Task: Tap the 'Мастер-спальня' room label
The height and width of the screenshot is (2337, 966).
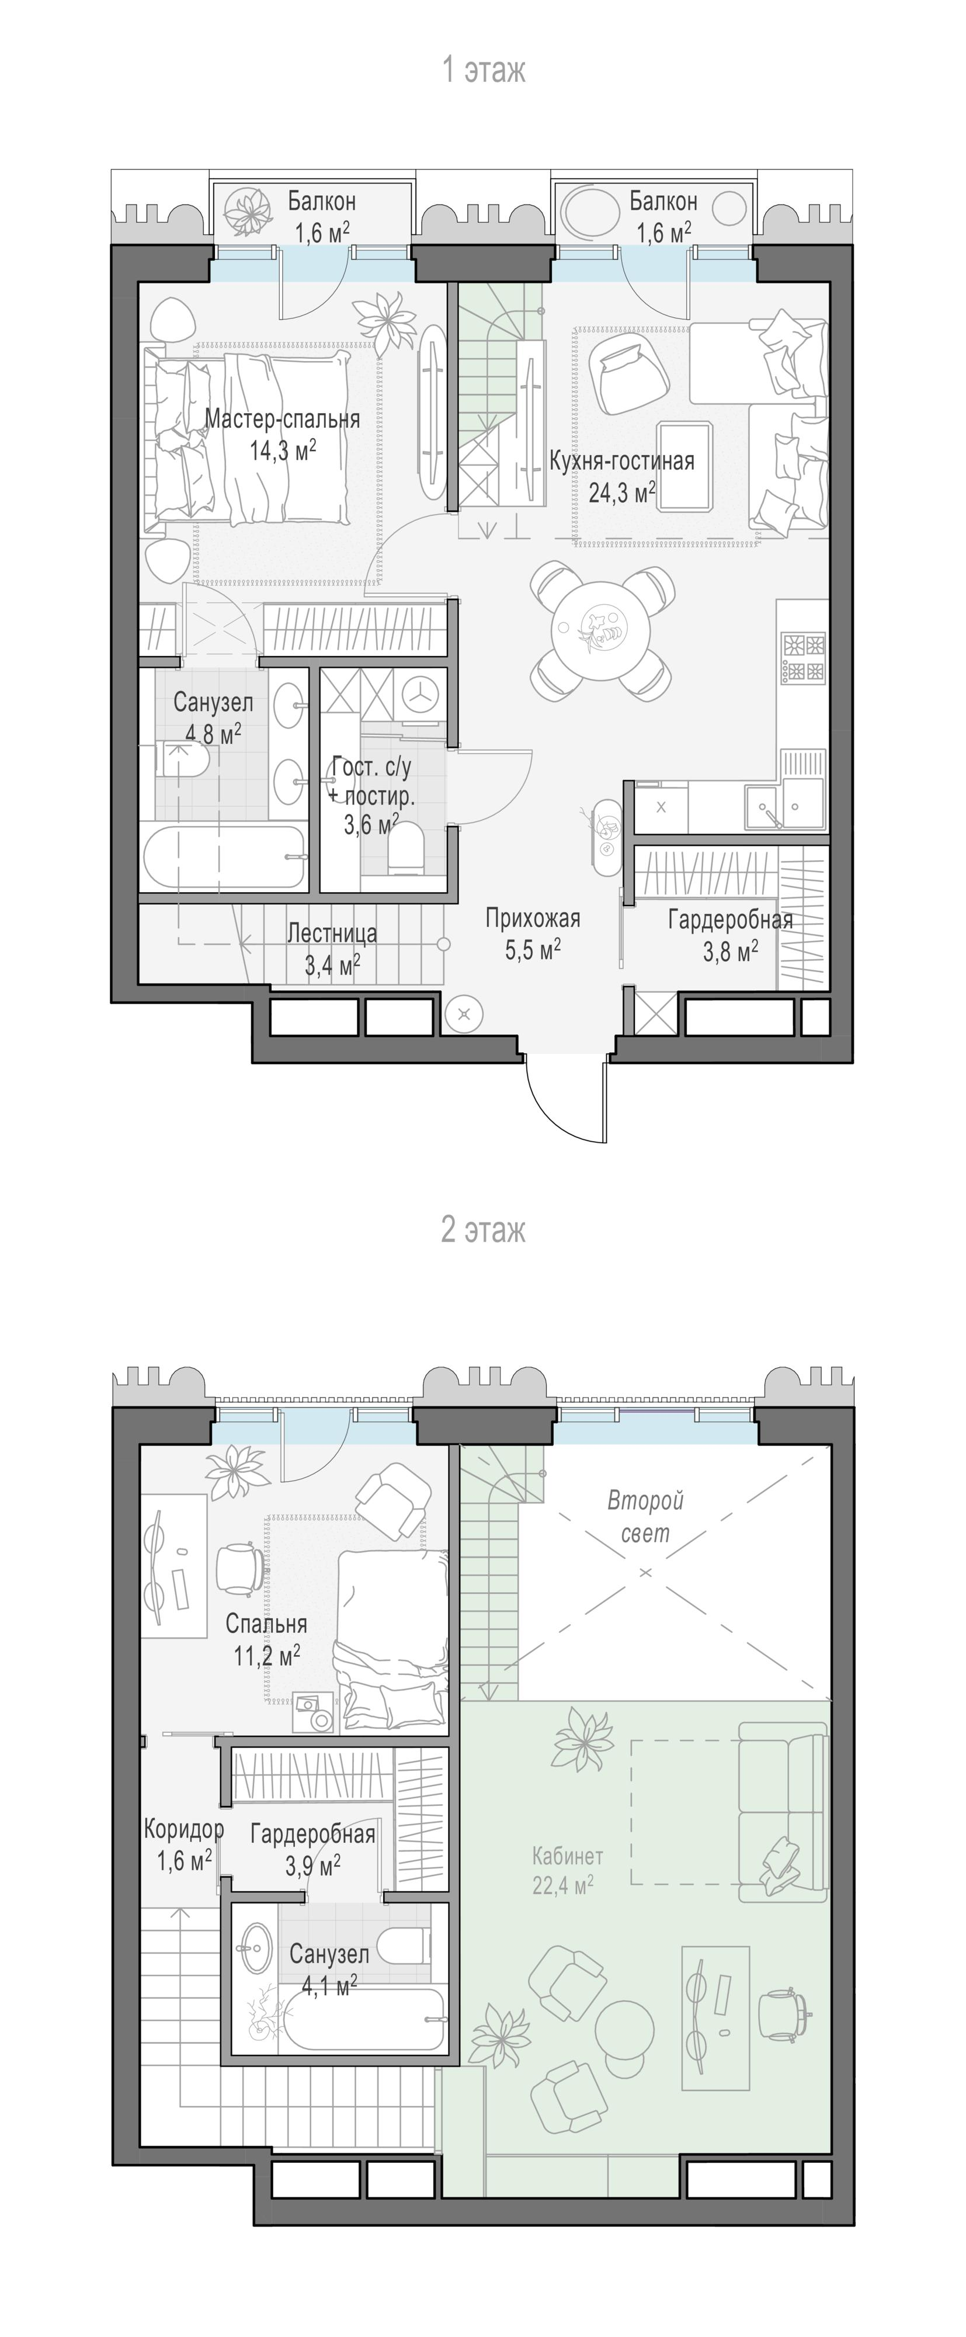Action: [282, 419]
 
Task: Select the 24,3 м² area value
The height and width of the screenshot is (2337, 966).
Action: [622, 493]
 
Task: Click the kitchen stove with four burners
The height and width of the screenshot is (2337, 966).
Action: [804, 658]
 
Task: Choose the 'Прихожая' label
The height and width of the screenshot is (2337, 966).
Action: [533, 918]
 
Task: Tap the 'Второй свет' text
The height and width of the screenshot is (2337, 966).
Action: [645, 1517]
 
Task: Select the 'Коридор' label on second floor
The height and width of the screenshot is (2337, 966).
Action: [183, 1829]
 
